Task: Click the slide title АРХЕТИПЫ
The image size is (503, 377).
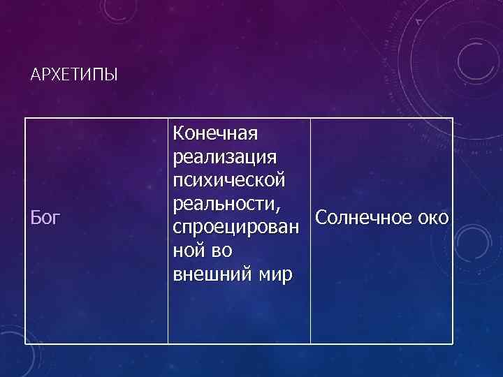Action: [x=75, y=75]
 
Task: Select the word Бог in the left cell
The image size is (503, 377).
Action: [x=46, y=218]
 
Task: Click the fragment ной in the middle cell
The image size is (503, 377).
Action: [x=189, y=251]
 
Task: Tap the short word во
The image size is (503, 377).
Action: [x=221, y=251]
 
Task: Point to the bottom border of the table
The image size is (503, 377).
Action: [x=238, y=343]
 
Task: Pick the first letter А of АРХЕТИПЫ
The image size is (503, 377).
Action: [x=36, y=75]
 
